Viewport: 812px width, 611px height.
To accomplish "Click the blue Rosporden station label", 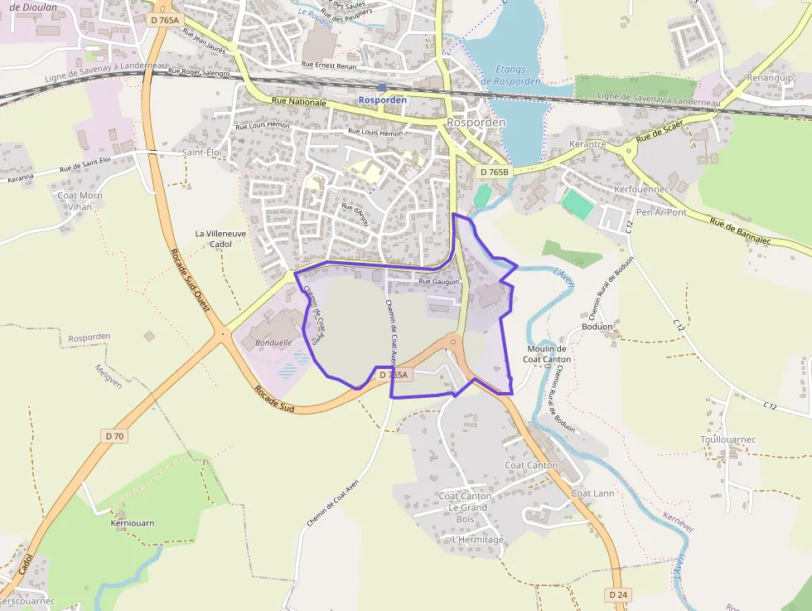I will pos(382,99).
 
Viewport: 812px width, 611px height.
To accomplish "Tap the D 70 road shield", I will pos(115,435).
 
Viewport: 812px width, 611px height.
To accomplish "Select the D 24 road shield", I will pos(617,594).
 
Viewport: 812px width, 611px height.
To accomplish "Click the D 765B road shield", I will pos(494,172).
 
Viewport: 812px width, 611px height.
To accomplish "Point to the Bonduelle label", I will pos(273,342).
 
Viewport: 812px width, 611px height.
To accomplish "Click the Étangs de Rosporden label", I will pos(511,75).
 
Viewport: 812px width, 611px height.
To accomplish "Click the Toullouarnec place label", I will pos(728,439).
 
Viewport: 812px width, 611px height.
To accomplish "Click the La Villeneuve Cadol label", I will pos(220,239).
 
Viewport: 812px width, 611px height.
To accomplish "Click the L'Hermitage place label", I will pos(478,540).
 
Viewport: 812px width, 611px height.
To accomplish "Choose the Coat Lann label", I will pos(592,493).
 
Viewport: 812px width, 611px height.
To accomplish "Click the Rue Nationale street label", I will pos(299,102).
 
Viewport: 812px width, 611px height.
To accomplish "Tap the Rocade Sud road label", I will pos(274,400).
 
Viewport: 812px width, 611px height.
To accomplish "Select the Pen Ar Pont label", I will pos(661,212).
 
